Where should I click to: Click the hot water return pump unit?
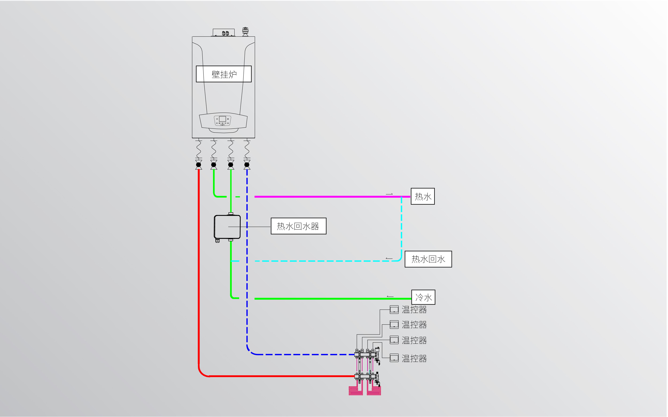[227, 227]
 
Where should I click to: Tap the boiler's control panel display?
[222, 119]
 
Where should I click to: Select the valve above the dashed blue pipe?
[247, 165]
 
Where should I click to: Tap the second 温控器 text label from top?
[414, 325]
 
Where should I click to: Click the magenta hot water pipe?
[332, 197]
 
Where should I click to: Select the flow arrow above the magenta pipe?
[389, 194]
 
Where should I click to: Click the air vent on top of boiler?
[245, 31]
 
